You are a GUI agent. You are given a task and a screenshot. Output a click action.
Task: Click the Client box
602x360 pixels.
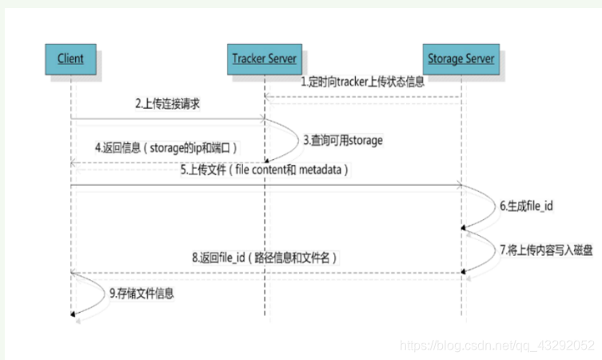point(70,58)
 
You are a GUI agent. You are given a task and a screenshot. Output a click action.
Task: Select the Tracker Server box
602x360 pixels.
point(265,58)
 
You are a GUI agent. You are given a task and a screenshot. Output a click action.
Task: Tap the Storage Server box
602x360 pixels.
point(460,58)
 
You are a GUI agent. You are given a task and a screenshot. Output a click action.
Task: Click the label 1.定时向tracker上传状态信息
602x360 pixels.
point(362,82)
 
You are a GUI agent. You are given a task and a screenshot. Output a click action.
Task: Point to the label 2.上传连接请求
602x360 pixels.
point(167,105)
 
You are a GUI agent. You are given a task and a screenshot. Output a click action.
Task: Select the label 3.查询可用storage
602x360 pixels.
point(343,140)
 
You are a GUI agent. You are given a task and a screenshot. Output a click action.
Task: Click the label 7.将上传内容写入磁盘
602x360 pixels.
point(546,250)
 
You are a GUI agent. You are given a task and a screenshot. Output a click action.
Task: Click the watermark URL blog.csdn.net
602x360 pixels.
point(496,345)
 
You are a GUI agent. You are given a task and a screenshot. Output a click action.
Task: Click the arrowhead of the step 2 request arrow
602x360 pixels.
point(261,120)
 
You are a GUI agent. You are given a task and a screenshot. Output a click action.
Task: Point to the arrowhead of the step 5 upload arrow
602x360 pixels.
point(457,186)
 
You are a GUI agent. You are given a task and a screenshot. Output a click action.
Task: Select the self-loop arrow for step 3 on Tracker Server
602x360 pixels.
point(285,140)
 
